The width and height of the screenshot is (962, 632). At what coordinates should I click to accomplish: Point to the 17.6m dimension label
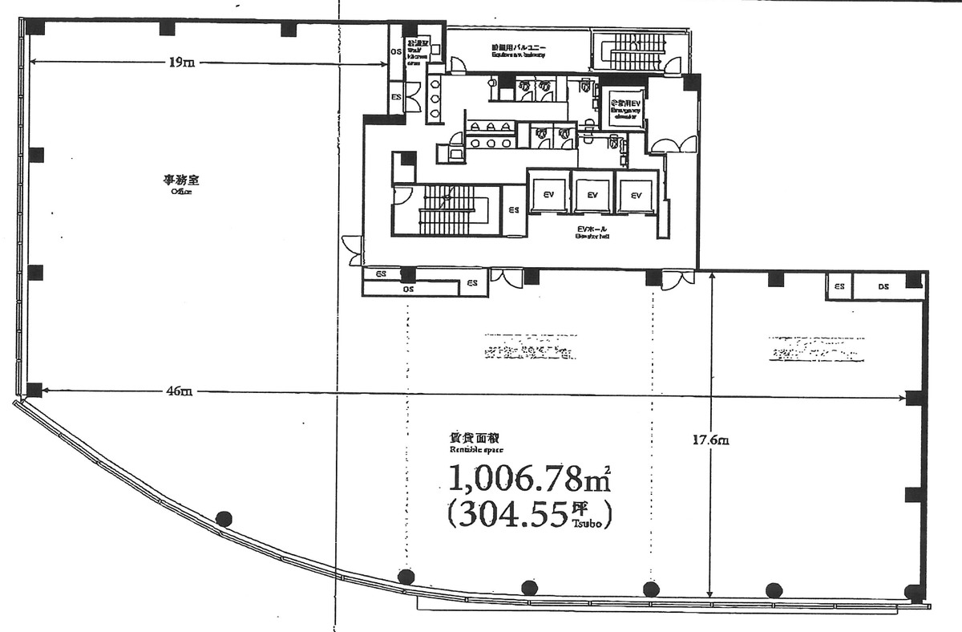pyautogui.click(x=710, y=440)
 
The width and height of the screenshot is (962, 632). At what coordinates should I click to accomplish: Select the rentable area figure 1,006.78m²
pyautogui.click(x=529, y=480)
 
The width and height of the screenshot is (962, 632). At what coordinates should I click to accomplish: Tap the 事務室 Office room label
pyautogui.click(x=176, y=184)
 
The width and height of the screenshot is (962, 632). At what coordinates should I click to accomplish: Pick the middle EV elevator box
pyautogui.click(x=592, y=195)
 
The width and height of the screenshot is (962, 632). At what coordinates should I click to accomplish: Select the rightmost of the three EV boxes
pyautogui.click(x=637, y=195)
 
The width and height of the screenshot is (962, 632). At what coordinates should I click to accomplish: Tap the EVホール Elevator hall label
pyautogui.click(x=592, y=232)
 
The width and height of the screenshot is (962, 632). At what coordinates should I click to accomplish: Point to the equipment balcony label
pyautogui.click(x=519, y=51)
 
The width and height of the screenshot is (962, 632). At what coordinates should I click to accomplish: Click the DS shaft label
pyautogui.click(x=883, y=286)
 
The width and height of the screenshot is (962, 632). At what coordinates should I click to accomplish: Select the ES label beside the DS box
pyautogui.click(x=839, y=286)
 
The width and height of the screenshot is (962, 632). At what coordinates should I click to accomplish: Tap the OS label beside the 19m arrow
pyautogui.click(x=395, y=52)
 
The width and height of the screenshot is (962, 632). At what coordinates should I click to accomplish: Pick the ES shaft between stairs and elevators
pyautogui.click(x=513, y=210)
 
